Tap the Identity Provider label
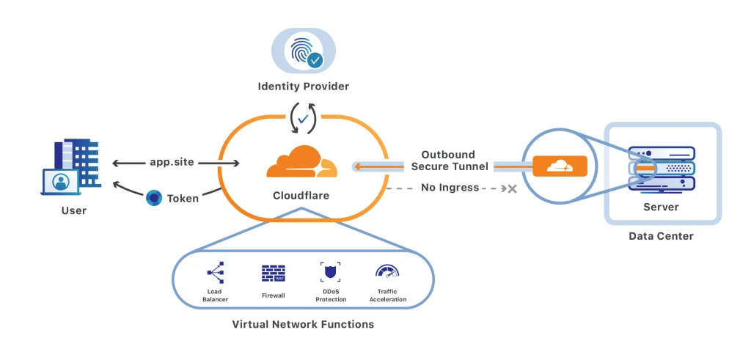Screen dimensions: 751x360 click(x=304, y=87)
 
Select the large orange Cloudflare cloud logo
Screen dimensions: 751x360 click(x=301, y=162)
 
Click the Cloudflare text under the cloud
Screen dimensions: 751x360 click(x=301, y=196)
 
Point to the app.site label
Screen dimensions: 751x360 click(x=172, y=162)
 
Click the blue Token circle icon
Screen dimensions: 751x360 click(x=154, y=198)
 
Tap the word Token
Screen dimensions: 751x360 click(x=183, y=198)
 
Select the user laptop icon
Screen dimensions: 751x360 click(x=60, y=182)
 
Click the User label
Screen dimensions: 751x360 click(x=74, y=210)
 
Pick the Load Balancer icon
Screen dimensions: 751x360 click(x=215, y=273)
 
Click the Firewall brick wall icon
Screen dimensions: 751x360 click(x=274, y=273)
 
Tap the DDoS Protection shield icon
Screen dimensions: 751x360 click(x=331, y=273)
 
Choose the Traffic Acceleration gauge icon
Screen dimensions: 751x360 click(x=387, y=271)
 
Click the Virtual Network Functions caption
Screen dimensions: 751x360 click(x=303, y=324)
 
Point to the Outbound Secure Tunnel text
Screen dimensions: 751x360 click(x=450, y=161)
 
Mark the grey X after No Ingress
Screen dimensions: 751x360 click(x=512, y=188)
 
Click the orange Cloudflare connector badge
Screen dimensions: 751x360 click(x=560, y=166)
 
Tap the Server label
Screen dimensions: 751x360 click(x=661, y=207)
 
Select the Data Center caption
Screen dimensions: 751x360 click(x=661, y=236)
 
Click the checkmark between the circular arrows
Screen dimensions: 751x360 click(x=303, y=119)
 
